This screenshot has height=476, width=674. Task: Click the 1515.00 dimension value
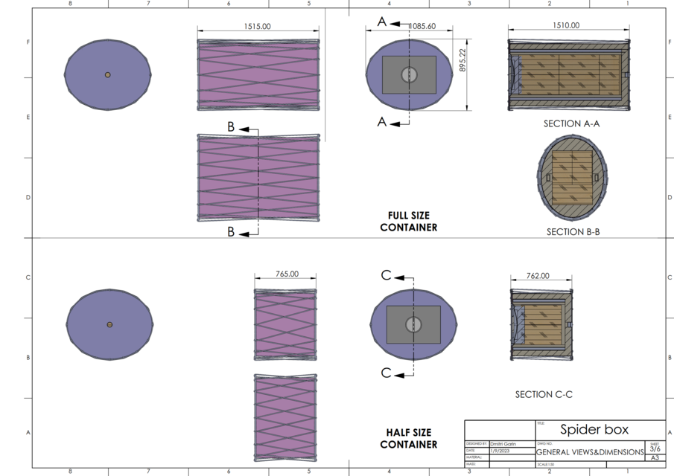tap(258, 26)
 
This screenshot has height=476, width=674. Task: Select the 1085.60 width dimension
tap(422, 26)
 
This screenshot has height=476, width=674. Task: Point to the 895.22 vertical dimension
tap(462, 59)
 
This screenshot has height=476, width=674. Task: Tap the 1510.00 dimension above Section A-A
tap(566, 25)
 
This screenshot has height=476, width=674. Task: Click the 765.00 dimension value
tap(287, 274)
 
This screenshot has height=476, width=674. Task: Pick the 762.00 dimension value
tap(538, 275)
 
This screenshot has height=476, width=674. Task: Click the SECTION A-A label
tap(572, 123)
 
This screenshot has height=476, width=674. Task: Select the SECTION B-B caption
tap(573, 231)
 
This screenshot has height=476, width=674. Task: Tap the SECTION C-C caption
tap(544, 394)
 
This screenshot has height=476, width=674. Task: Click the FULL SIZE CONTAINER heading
tap(409, 222)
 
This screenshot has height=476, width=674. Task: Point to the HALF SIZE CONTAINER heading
tap(409, 438)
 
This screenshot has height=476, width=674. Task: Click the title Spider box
tap(594, 430)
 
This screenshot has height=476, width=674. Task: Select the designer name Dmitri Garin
tap(503, 444)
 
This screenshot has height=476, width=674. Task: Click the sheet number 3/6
tap(655, 449)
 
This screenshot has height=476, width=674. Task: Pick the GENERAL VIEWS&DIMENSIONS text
tap(590, 452)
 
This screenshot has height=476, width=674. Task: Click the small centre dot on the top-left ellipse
tap(108, 75)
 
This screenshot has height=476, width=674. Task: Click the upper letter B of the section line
tap(231, 127)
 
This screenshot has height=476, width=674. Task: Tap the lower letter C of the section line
tap(386, 373)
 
